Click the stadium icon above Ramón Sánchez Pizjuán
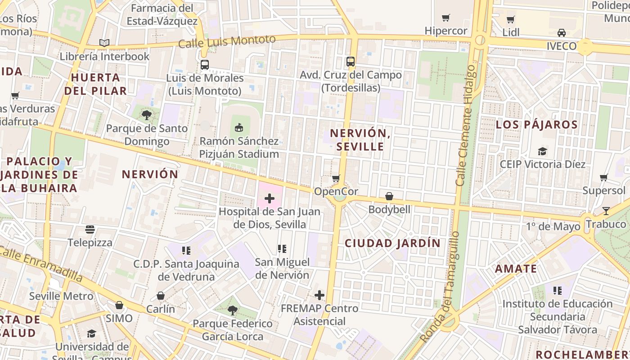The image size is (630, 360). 239,128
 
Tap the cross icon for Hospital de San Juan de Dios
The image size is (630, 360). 270,198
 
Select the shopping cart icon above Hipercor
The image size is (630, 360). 446,18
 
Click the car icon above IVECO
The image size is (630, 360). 562,33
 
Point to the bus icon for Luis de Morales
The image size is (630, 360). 205,65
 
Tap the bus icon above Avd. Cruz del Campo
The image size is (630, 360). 351,62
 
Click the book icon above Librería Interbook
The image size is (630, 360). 104,43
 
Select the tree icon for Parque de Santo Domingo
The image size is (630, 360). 147,115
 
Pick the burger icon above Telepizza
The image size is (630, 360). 90,229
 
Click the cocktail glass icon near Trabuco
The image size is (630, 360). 606,211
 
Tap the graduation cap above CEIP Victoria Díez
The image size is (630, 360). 543,151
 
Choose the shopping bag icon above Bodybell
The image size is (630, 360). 389,196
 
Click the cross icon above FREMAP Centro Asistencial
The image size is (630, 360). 319,295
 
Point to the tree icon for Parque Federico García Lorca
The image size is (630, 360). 232,310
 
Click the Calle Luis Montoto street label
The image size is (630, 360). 227,41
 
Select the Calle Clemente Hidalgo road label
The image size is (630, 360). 465,126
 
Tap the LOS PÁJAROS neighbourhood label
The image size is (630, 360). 536,125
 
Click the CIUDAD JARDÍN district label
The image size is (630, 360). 392,243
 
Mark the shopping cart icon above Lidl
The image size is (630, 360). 511,19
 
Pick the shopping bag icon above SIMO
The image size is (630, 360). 119,305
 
